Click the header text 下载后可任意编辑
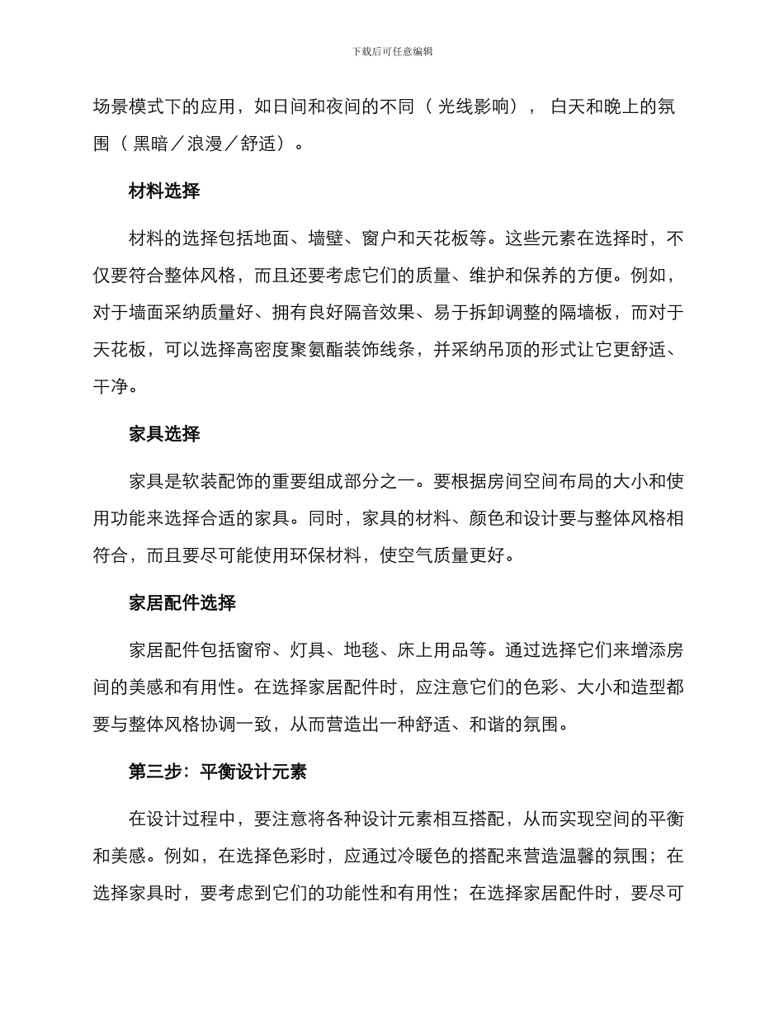392,51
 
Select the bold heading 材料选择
164,191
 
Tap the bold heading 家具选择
164,434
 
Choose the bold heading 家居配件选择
182,603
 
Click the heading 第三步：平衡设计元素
218,772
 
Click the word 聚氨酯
308,349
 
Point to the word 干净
111,385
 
